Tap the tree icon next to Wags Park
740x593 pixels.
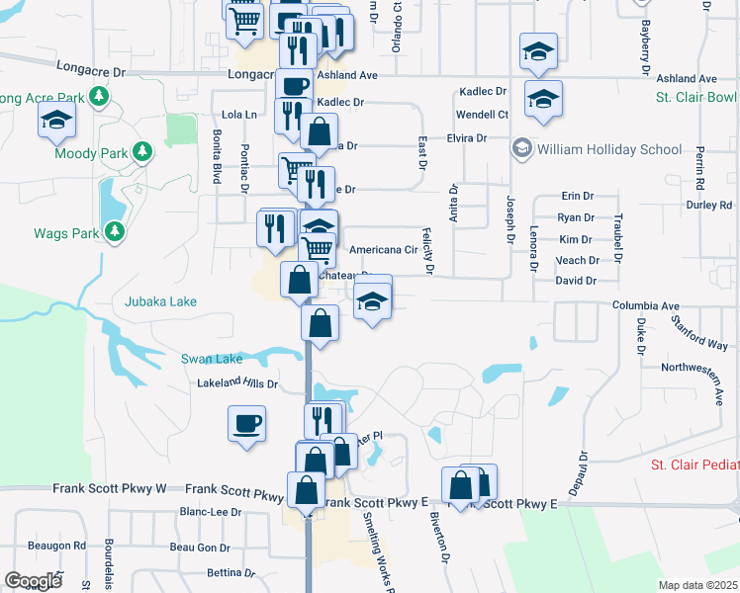pos(116,231)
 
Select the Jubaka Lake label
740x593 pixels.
pos(160,301)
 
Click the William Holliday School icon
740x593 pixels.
pos(520,148)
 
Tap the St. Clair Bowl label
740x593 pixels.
pos(696,98)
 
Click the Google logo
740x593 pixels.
pos(33,580)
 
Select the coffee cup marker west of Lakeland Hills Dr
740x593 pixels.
pos(246,425)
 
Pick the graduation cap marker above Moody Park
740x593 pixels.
pos(56,121)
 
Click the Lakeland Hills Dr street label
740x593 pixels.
pos(238,382)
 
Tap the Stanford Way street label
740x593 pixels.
pos(698,332)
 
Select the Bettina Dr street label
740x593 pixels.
pos(232,573)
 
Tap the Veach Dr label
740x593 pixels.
pos(578,261)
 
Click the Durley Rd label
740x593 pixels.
pos(708,206)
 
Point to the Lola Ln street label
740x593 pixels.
pos(238,115)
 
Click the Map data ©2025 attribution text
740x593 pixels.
pos(698,585)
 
